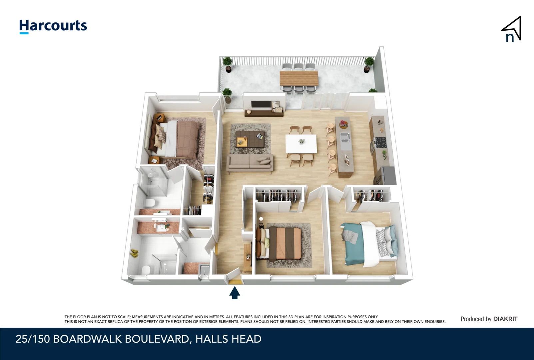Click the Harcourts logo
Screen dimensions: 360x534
(x=53, y=26)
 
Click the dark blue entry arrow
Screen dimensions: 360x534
(x=235, y=293)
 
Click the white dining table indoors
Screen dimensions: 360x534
(x=301, y=144)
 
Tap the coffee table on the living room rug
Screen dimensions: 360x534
(x=250, y=139)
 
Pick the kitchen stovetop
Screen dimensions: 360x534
(x=380, y=142)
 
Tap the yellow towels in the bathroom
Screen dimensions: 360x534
(x=134, y=253)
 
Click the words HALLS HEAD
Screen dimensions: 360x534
(x=228, y=339)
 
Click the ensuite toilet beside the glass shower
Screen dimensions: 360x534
(x=149, y=202)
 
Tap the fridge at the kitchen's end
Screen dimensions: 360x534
(x=387, y=175)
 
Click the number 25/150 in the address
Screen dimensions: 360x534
(x=33, y=339)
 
